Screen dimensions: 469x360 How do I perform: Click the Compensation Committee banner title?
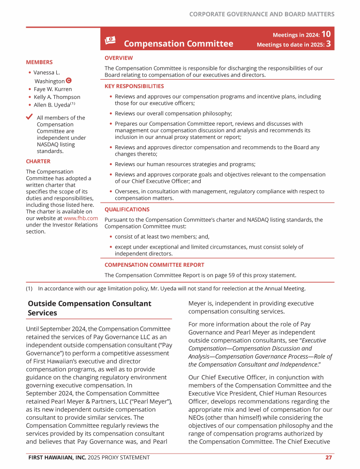pyautogui.click(x=178, y=44)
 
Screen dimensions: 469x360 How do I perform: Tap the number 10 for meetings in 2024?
pyautogui.click(x=327, y=34)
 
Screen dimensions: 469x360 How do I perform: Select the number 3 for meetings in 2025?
pyautogui.click(x=329, y=45)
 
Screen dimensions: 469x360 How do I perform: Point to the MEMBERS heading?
pyautogui.click(x=39, y=62)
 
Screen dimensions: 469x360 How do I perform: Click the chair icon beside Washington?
pyautogui.click(x=69, y=81)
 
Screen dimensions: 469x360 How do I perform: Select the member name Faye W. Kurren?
pyautogui.click(x=52, y=89)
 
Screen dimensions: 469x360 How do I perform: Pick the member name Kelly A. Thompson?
pyautogui.click(x=57, y=97)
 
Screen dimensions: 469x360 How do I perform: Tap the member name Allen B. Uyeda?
pyautogui.click(x=52, y=105)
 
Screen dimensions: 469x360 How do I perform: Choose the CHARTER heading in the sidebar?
pyautogui.click(x=38, y=161)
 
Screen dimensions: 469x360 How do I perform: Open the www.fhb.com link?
pyautogui.click(x=81, y=218)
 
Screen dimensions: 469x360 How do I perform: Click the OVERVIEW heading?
pyautogui.click(x=119, y=58)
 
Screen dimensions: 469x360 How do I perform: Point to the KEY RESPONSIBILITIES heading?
pyautogui.click(x=134, y=86)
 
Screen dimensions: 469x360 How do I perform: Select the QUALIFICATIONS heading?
pyautogui.click(x=127, y=210)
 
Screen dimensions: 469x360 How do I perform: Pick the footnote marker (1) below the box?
pyautogui.click(x=30, y=289)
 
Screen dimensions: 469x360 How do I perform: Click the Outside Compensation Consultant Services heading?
pyautogui.click(x=89, y=308)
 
